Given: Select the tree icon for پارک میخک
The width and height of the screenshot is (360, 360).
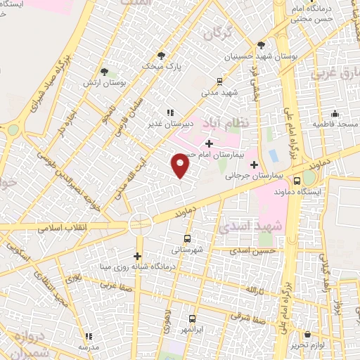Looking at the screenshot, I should coord(162,56).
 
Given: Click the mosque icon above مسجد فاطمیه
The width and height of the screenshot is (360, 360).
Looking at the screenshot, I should coord(335,112).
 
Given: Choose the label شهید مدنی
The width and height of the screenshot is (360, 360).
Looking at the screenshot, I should coord(224,91).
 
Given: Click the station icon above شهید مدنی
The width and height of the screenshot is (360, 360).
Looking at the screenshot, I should coord(219,81).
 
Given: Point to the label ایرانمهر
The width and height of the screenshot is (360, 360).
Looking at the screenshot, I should coord(194,330).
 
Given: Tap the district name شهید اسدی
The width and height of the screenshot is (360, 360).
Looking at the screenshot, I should coord(260,225).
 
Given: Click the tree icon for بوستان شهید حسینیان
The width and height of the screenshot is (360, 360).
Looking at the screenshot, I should coord(262,44).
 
